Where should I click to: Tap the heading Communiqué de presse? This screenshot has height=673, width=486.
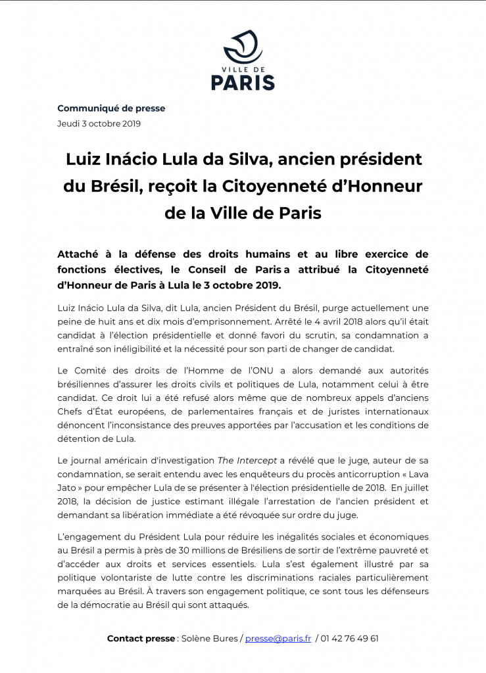click(111, 108)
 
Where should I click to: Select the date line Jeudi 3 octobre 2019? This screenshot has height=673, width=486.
click(99, 124)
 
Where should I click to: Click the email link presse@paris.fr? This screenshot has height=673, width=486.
click(278, 638)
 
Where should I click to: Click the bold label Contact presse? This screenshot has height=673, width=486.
click(141, 638)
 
